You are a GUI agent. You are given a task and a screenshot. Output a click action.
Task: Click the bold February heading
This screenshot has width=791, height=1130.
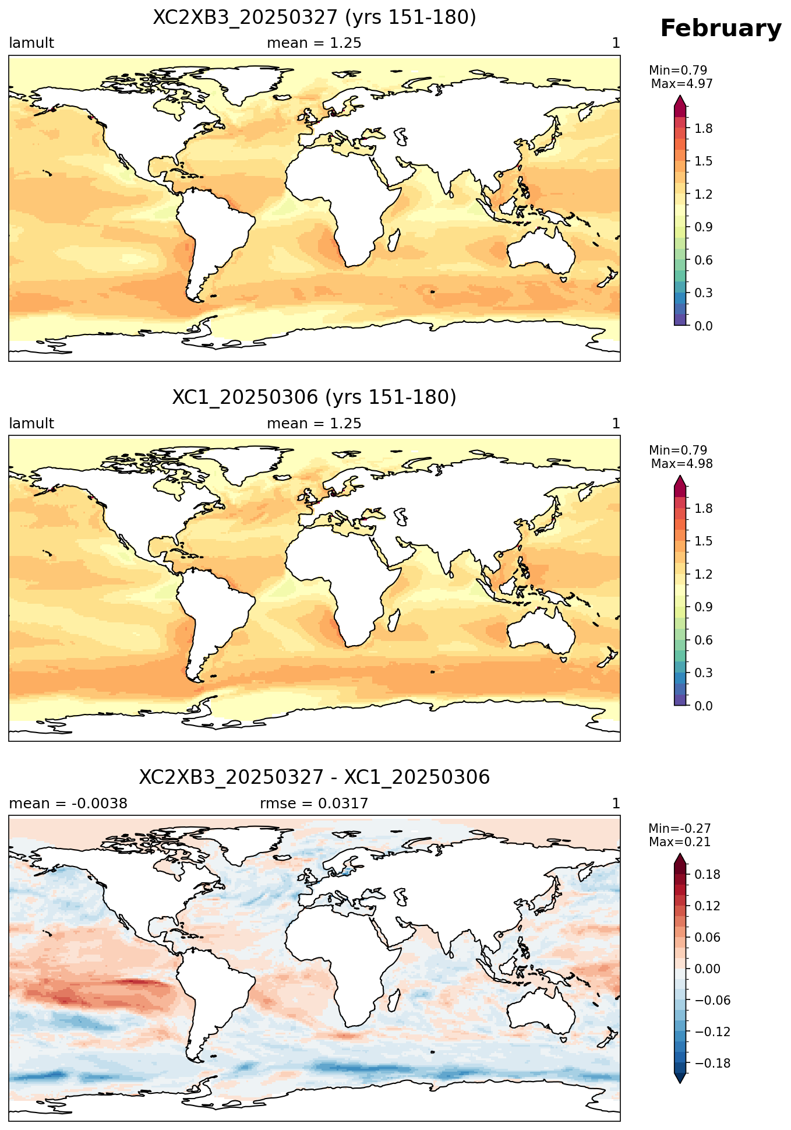pyautogui.click(x=721, y=29)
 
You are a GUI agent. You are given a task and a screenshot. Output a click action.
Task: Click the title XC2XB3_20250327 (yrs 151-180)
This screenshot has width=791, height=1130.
pyautogui.click(x=315, y=17)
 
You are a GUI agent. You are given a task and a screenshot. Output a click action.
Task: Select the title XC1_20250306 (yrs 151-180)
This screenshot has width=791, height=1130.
pyautogui.click(x=315, y=397)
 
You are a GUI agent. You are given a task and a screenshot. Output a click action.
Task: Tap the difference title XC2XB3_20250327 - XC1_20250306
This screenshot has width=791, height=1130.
pyautogui.click(x=315, y=777)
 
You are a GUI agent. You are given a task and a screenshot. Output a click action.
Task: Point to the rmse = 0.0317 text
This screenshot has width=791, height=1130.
pyautogui.click(x=314, y=804)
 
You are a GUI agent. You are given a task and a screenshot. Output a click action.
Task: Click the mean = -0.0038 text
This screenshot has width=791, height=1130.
pyautogui.click(x=68, y=804)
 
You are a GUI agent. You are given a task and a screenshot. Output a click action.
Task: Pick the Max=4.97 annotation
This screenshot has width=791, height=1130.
pyautogui.click(x=681, y=84)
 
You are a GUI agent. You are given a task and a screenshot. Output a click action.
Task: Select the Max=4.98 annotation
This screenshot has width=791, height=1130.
pyautogui.click(x=681, y=464)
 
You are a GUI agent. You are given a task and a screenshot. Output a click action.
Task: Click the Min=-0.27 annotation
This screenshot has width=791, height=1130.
pyautogui.click(x=680, y=829)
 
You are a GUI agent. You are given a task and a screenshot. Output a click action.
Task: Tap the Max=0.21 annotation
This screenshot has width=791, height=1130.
pyautogui.click(x=680, y=842)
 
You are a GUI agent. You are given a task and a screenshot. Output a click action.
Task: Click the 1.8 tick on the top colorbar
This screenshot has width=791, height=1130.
pyautogui.click(x=704, y=129)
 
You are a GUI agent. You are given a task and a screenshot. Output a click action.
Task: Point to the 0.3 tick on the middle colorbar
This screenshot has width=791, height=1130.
pyautogui.click(x=704, y=673)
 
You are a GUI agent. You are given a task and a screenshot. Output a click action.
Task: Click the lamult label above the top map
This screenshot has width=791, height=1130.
pyautogui.click(x=31, y=43)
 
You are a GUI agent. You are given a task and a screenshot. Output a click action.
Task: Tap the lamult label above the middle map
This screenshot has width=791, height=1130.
pyautogui.click(x=31, y=424)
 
